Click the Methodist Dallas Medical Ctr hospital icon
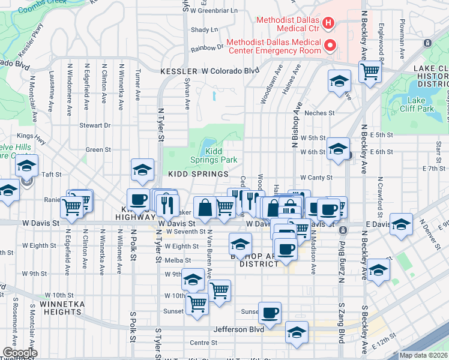(x=328, y=24)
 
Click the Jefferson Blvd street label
(x=238, y=329)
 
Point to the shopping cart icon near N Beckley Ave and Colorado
(x=370, y=72)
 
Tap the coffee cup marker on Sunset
(x=270, y=313)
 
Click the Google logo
(x=19, y=353)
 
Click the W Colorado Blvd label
(x=230, y=71)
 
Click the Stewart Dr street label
(x=95, y=125)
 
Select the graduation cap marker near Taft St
(x=26, y=166)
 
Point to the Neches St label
(x=319, y=113)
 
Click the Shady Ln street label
(x=200, y=29)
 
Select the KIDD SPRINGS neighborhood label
(x=198, y=173)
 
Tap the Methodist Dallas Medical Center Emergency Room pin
(x=330, y=45)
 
